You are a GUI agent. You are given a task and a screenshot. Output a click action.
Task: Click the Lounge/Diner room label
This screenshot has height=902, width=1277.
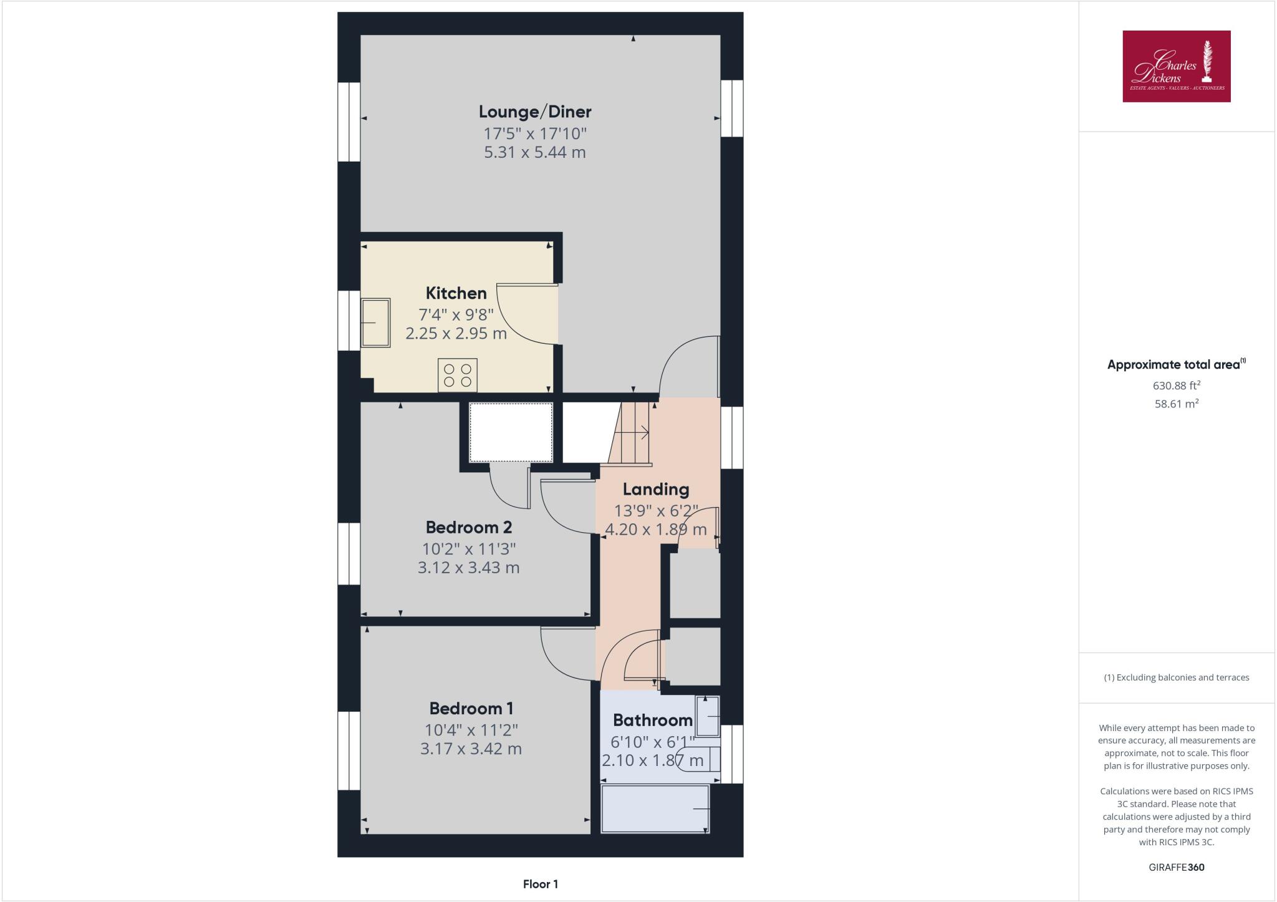coord(535,112)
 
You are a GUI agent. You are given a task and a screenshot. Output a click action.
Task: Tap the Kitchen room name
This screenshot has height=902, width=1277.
coord(456,293)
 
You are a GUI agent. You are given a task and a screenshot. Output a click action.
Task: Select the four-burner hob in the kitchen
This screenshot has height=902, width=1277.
coord(457,375)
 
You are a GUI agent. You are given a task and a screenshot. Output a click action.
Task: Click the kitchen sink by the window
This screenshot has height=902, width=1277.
coord(376,322)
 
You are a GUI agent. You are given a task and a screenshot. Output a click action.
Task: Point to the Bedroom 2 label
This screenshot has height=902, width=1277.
coord(469,528)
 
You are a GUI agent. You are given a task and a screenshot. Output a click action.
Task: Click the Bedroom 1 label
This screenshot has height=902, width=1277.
coord(471,709)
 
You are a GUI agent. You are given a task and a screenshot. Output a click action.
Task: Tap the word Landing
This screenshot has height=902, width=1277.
coord(655,490)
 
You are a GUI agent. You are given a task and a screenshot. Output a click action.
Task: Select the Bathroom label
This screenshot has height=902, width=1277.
coord(652,720)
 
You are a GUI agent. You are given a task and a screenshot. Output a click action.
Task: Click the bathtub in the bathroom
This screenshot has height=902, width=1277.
coord(655,808)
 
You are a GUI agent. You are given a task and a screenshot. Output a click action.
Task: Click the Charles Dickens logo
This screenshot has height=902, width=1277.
coord(1176,66)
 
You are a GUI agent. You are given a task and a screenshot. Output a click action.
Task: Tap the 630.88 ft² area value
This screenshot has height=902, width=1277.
coord(1176,386)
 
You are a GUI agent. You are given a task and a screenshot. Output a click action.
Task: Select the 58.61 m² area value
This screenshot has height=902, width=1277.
coord(1176,404)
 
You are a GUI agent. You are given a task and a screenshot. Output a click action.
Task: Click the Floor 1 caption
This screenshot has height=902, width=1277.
coord(540,884)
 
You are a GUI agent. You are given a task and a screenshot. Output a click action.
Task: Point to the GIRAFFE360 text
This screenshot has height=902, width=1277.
coord(1176,867)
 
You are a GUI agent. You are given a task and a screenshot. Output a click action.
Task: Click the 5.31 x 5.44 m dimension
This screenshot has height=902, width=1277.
coord(535,153)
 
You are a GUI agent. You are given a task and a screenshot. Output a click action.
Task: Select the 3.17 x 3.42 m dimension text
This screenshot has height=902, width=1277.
coord(471,749)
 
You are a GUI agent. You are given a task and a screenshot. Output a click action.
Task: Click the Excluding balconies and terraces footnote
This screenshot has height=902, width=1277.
coord(1176,677)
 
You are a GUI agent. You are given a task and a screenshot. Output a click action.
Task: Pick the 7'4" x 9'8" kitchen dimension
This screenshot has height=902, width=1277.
coord(456,314)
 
